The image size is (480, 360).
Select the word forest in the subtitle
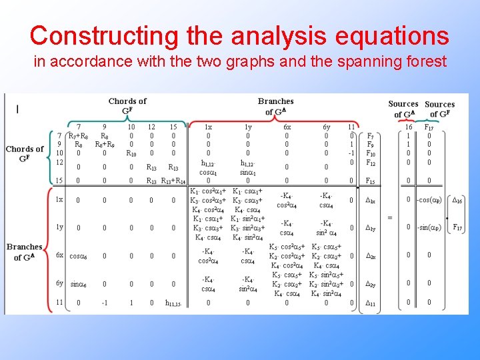(424, 63)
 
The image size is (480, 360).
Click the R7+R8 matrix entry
(79, 135)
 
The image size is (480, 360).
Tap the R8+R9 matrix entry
(104, 144)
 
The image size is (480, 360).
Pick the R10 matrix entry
(131, 153)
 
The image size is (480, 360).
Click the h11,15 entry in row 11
(173, 303)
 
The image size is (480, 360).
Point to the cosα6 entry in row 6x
(79, 255)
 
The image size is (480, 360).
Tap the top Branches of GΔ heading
(275, 106)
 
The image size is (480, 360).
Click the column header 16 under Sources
(408, 127)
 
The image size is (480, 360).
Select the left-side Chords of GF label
(25, 153)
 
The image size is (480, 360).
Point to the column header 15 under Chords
(173, 127)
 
